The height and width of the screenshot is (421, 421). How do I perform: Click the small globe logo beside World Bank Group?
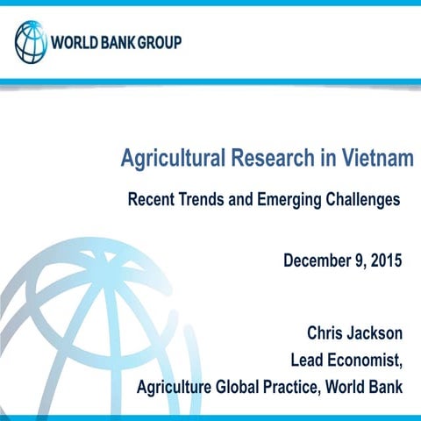[x=32, y=41]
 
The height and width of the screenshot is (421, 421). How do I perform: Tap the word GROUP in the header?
[x=157, y=42]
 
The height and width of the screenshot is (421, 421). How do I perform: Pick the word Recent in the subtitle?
[x=151, y=199]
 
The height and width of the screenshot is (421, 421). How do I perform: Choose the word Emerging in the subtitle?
[x=291, y=199]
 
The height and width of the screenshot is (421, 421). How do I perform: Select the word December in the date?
[x=318, y=260]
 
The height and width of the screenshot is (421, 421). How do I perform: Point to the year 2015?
[x=384, y=260]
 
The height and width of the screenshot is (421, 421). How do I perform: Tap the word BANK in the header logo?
[x=117, y=42]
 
